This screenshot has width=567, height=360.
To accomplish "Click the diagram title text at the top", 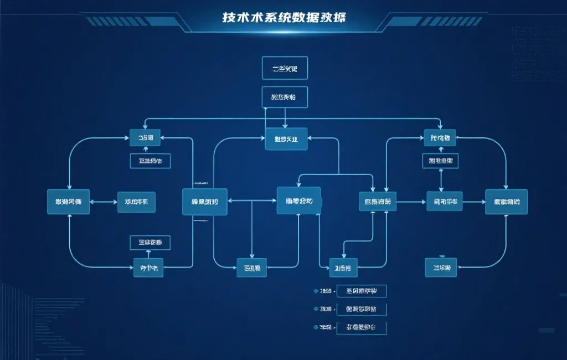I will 283,17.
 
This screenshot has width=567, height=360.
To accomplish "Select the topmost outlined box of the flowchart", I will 285,69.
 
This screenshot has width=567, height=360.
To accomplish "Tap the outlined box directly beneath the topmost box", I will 285,97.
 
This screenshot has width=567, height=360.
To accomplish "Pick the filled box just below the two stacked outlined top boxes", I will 286,139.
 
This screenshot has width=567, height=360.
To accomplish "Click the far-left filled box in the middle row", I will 68,202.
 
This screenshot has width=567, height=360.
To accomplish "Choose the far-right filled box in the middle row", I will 506,202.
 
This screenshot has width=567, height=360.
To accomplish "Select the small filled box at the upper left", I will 145,137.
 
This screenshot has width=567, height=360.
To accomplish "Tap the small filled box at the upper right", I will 440,137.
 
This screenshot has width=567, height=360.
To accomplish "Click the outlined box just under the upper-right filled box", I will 440,161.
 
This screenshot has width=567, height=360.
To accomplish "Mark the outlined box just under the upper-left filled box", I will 150,161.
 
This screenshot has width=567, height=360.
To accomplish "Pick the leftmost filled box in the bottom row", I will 148,268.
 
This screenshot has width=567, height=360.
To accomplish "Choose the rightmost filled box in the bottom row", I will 441,268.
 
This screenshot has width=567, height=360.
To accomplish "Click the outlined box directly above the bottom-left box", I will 150,242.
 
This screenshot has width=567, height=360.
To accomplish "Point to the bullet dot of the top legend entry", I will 316,291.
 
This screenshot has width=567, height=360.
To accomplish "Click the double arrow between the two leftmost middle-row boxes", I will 103,202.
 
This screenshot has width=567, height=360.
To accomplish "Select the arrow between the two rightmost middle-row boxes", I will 473,202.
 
